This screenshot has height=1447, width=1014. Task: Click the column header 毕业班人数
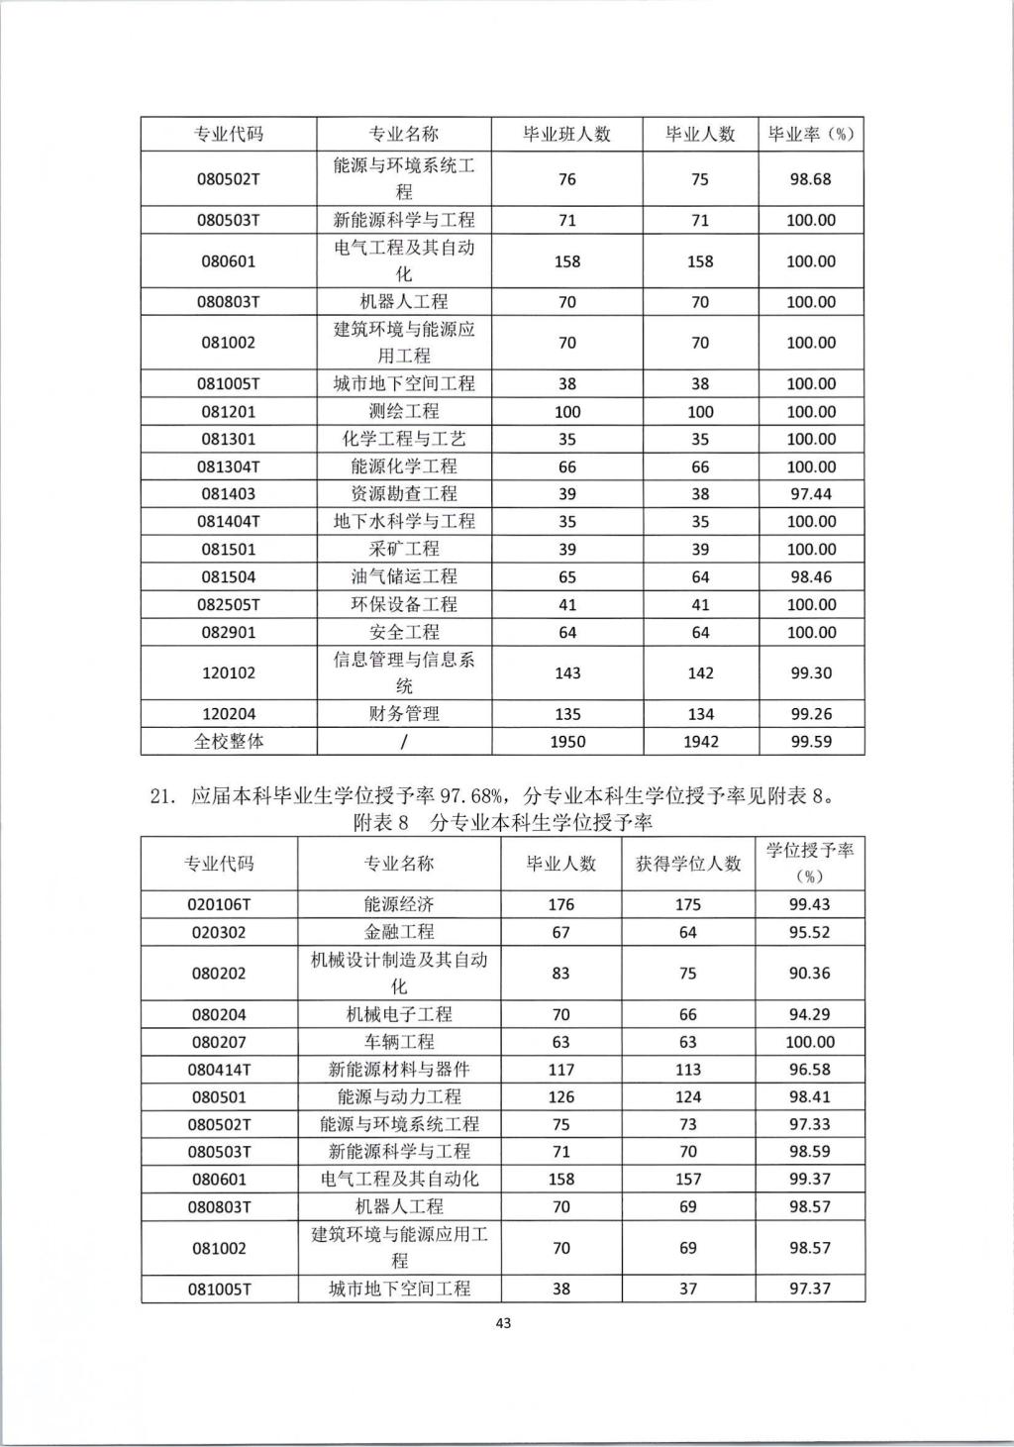coord(566,135)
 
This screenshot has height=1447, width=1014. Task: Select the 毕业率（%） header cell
coord(810,135)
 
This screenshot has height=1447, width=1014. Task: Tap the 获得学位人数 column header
coord(688,864)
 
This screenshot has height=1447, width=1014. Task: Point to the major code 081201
coord(228,412)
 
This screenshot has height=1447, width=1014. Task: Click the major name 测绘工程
coord(404,412)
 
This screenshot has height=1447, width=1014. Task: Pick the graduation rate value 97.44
coord(810,494)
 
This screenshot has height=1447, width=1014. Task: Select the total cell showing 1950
coord(566,742)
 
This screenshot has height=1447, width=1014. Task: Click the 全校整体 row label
coord(228,742)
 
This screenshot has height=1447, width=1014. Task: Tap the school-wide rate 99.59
coord(810,742)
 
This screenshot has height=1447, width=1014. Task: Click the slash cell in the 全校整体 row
coord(404,742)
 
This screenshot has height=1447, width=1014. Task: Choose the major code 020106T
coord(219,904)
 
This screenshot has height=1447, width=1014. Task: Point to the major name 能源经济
coord(399,904)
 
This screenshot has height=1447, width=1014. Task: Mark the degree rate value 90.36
coord(809,974)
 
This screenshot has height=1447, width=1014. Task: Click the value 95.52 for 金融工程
coord(809,932)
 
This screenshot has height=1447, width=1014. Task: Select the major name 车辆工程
coord(399,1042)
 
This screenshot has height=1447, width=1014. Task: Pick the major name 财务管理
coord(404,714)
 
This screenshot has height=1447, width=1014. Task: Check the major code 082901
coord(228,632)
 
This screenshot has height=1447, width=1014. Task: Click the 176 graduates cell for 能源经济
coord(560,904)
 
